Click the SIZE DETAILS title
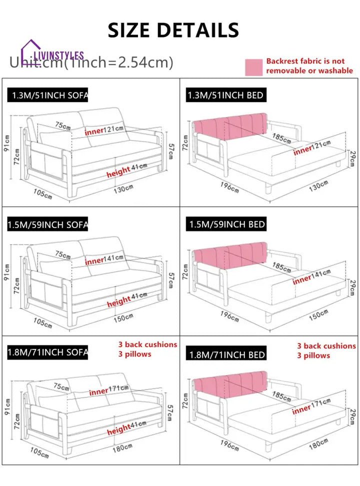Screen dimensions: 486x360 pos(173,30)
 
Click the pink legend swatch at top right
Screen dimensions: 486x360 pos(253,67)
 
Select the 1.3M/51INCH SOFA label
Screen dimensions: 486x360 pos(47,95)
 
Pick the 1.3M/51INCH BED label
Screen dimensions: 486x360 pos(225,95)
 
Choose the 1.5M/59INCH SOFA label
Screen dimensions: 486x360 pos(47,224)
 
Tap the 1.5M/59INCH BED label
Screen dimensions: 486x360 pos(226,224)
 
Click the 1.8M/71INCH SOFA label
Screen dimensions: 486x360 pos(47,353)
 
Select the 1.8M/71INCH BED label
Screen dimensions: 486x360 pos(226,355)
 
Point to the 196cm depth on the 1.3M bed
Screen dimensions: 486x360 pos(229,186)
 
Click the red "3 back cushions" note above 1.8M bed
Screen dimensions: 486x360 pos(326,346)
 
